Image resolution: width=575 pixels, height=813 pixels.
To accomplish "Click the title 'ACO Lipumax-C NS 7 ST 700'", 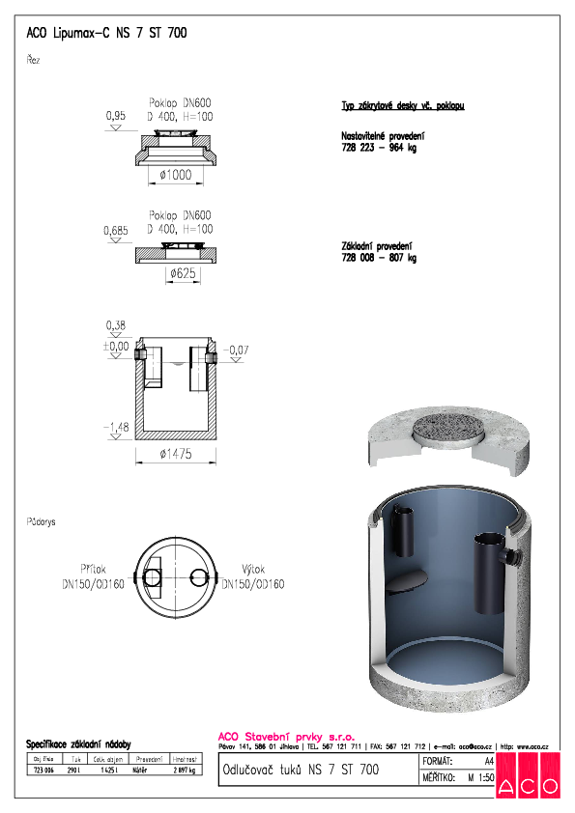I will (106, 33).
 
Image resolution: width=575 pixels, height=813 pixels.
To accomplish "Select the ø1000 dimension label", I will (174, 175).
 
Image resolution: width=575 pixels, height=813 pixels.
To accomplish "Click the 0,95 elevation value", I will (115, 117).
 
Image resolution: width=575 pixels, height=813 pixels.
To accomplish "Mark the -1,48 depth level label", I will (117, 427).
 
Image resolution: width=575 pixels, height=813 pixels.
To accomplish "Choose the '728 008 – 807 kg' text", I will (379, 258).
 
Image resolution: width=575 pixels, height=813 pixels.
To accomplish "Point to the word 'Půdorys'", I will (42, 521).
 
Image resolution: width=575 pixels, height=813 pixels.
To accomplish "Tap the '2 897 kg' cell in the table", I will (185, 771).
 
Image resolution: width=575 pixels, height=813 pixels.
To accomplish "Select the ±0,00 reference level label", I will (115, 346).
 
